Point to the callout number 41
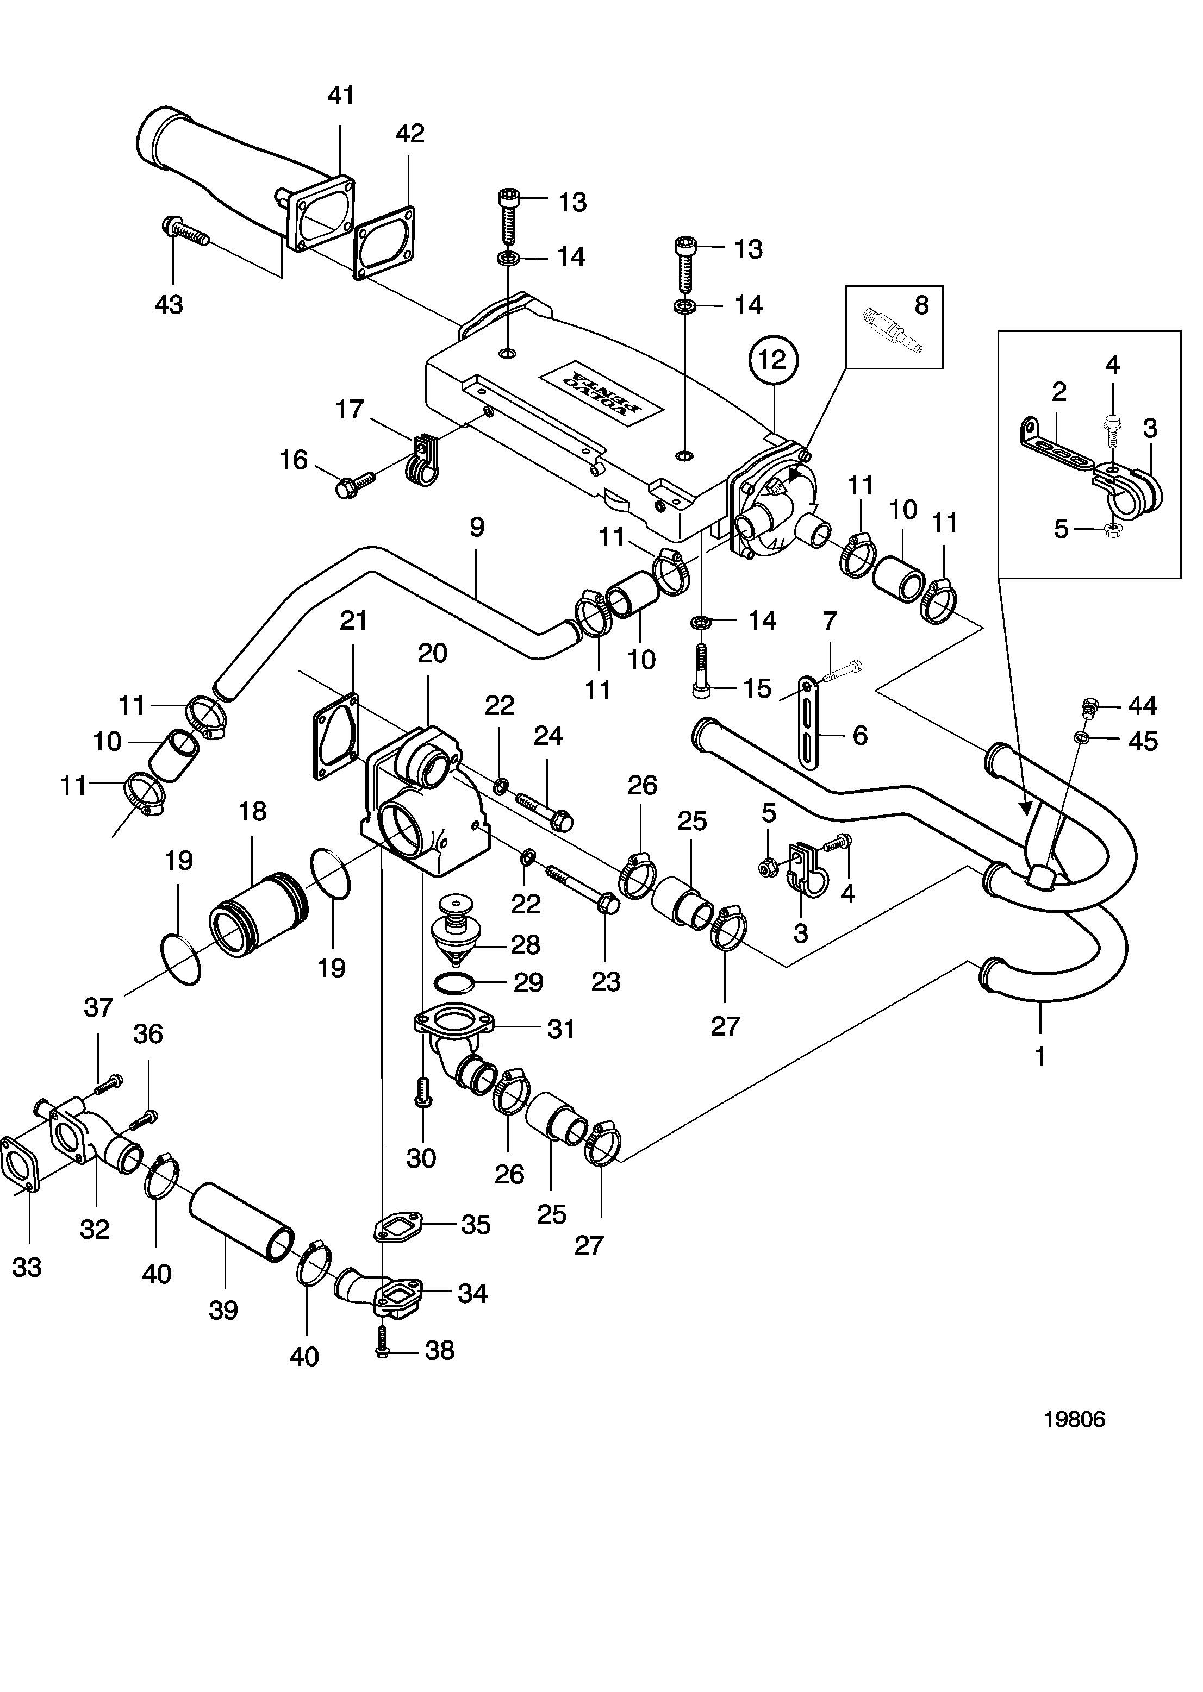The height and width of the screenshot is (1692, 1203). pos(341,96)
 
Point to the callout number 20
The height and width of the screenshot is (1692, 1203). pos(433,653)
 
